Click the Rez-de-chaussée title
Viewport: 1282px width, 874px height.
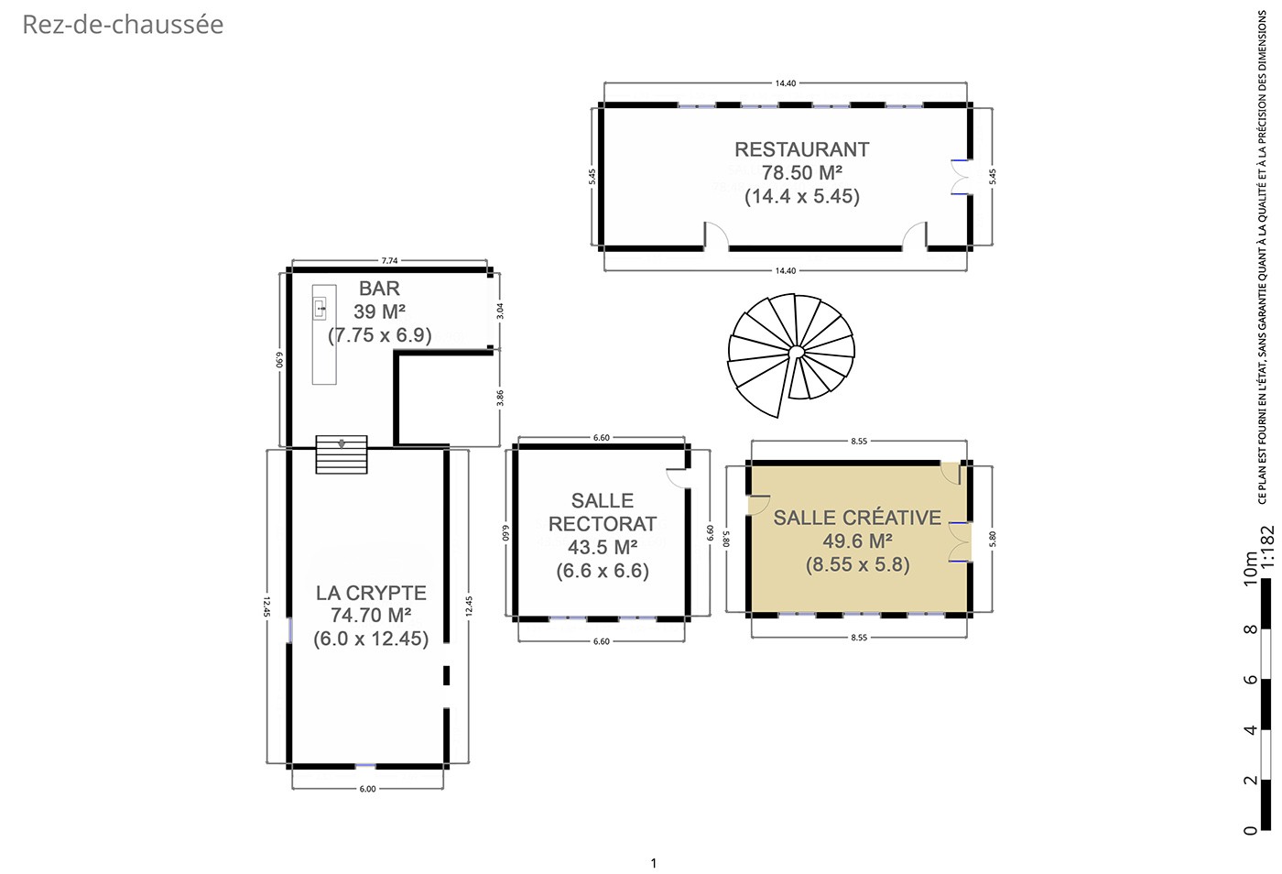tap(123, 25)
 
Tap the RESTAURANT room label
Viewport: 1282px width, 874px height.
tap(802, 149)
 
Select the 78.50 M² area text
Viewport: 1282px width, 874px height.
tap(802, 172)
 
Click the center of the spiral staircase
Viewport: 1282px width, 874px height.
tap(795, 352)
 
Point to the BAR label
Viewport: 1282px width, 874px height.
tap(379, 288)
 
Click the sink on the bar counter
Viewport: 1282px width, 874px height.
tap(320, 309)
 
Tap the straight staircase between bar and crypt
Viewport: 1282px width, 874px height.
tap(342, 454)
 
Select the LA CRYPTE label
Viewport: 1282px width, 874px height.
tap(371, 593)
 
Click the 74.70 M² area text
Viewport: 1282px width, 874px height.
tap(371, 615)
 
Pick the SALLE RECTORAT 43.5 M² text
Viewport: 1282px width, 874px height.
tap(603, 524)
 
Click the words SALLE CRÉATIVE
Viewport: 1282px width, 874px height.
tap(857, 518)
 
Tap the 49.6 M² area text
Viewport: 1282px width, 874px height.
tap(857, 541)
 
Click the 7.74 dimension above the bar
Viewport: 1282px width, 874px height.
tap(389, 260)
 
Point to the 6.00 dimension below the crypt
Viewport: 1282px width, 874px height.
tap(367, 789)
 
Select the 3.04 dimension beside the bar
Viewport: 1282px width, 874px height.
tap(500, 311)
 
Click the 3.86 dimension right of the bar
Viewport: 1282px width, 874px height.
tap(500, 398)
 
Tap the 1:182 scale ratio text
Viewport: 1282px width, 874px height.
tap(1267, 546)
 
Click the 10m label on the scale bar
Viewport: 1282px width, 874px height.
tap(1250, 568)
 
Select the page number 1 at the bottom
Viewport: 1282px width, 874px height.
tap(654, 862)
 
